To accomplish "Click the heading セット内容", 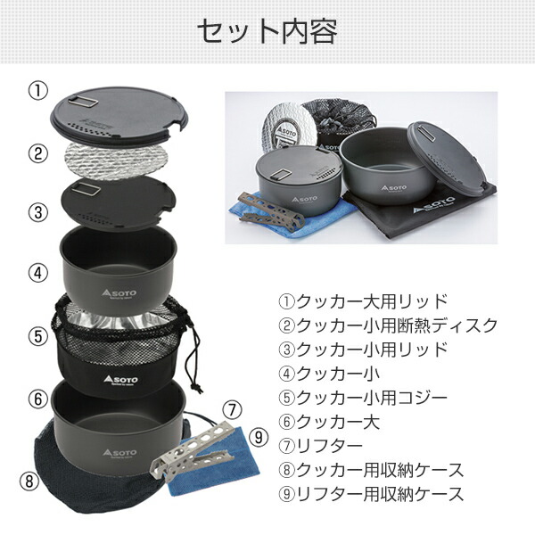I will pyautogui.click(x=267, y=33).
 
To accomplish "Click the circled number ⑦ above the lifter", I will pyautogui.click(x=232, y=411).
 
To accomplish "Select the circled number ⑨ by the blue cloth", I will pyautogui.click(x=259, y=438).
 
